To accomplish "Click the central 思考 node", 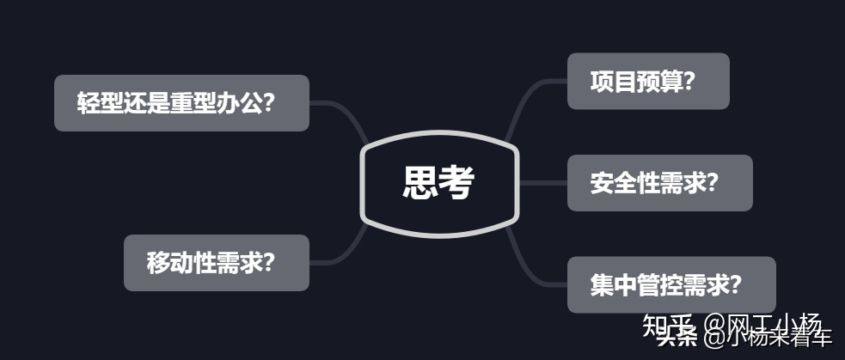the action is pyautogui.click(x=439, y=183).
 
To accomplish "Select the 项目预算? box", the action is pyautogui.click(x=647, y=82).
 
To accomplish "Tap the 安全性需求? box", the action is pyautogui.click(x=658, y=183).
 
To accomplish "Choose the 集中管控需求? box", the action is pyautogui.click(x=670, y=284).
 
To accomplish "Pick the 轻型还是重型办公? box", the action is pyautogui.click(x=181, y=103).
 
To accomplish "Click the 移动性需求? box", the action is pyautogui.click(x=216, y=263).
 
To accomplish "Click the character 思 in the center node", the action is pyautogui.click(x=420, y=183).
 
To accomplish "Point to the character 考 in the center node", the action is pyautogui.click(x=457, y=183).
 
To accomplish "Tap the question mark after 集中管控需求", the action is pyautogui.click(x=734, y=284).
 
